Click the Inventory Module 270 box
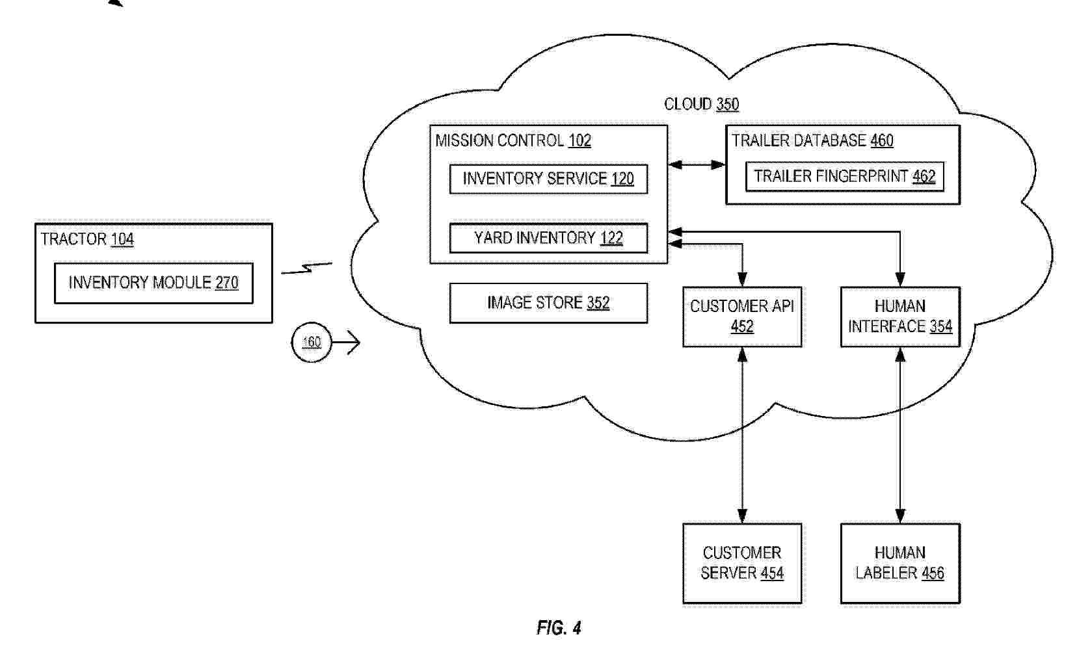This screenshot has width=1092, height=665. click(153, 283)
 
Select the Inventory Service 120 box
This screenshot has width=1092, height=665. click(548, 179)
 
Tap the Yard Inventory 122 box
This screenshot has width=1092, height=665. click(548, 238)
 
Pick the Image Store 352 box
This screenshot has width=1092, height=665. click(548, 303)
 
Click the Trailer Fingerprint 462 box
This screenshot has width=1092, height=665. click(844, 176)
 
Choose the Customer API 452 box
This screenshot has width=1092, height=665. click(742, 317)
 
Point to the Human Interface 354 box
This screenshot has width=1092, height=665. click(900, 317)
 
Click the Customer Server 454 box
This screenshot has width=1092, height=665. click(742, 563)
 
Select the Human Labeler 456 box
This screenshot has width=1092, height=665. click(900, 563)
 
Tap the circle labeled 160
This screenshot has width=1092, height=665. click(312, 342)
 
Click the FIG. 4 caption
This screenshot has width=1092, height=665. click(559, 627)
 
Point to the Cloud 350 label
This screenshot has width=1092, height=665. click(701, 104)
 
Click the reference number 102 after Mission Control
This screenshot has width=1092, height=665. click(579, 140)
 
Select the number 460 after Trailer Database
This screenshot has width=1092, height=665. click(882, 140)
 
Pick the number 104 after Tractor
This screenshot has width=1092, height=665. click(122, 239)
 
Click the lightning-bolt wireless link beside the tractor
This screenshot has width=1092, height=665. click(307, 268)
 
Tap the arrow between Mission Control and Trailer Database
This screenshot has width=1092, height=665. click(697, 164)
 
